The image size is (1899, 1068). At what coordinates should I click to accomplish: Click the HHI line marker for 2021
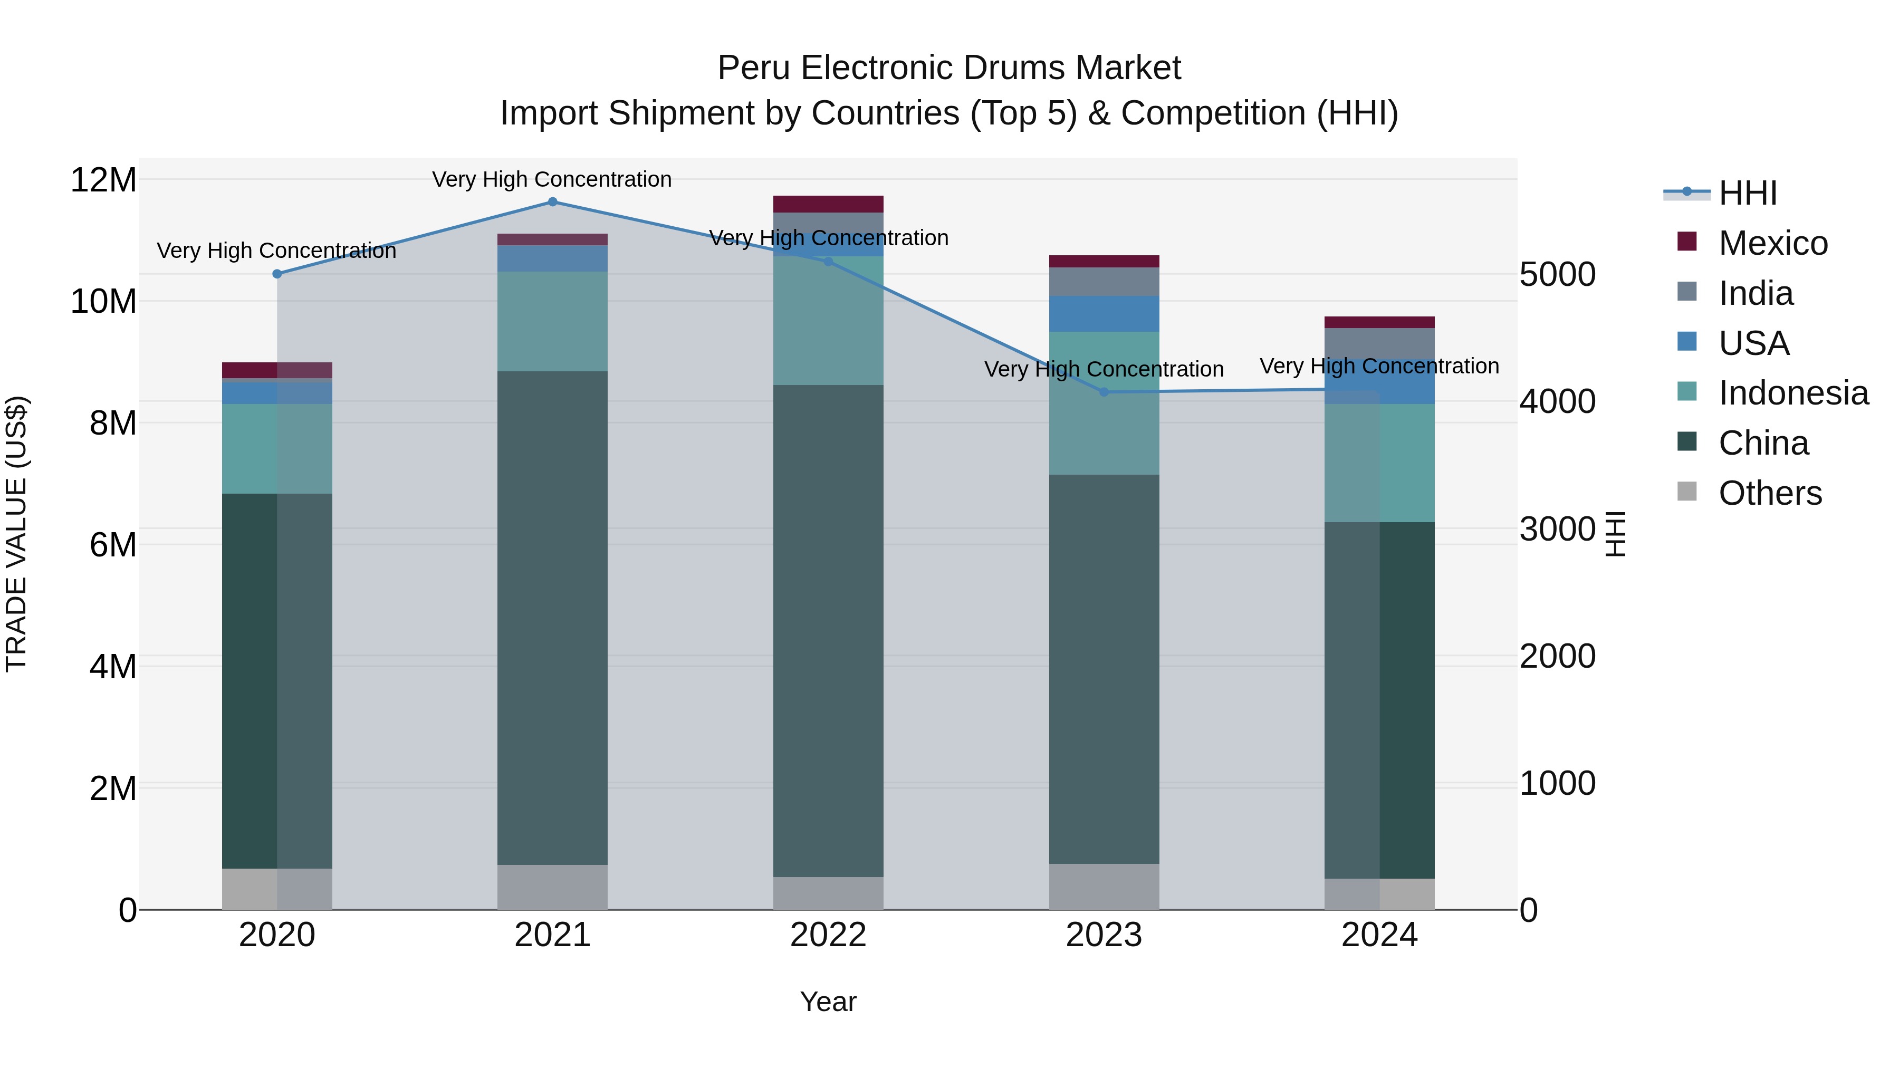click(x=552, y=202)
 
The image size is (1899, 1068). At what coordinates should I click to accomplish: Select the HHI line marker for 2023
click(x=1104, y=392)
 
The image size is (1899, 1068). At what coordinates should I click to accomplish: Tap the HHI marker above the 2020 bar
click(x=277, y=274)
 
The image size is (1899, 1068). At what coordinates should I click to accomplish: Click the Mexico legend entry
click(x=1772, y=243)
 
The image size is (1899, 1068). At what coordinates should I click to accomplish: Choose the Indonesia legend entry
click(x=1793, y=393)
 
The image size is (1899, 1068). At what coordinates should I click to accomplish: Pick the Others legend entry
click(x=1769, y=493)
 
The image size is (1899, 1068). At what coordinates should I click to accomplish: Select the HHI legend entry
click(x=1747, y=193)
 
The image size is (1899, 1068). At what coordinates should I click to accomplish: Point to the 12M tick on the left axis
click(x=103, y=180)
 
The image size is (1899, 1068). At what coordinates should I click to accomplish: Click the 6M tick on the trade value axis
click(x=113, y=545)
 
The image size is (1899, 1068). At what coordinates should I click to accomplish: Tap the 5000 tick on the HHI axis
click(x=1557, y=274)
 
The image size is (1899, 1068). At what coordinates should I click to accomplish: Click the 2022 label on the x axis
click(x=828, y=935)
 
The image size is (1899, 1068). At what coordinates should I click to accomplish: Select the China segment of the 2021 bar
click(x=552, y=618)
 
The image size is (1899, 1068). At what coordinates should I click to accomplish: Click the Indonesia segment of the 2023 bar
click(x=1104, y=403)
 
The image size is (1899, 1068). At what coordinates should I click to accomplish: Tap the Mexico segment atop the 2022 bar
click(x=828, y=204)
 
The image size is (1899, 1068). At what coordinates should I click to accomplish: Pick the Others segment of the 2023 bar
click(x=1104, y=887)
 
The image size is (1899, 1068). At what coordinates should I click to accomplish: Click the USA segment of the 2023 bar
click(x=1104, y=314)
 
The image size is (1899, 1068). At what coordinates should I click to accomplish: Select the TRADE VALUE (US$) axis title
click(x=16, y=534)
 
